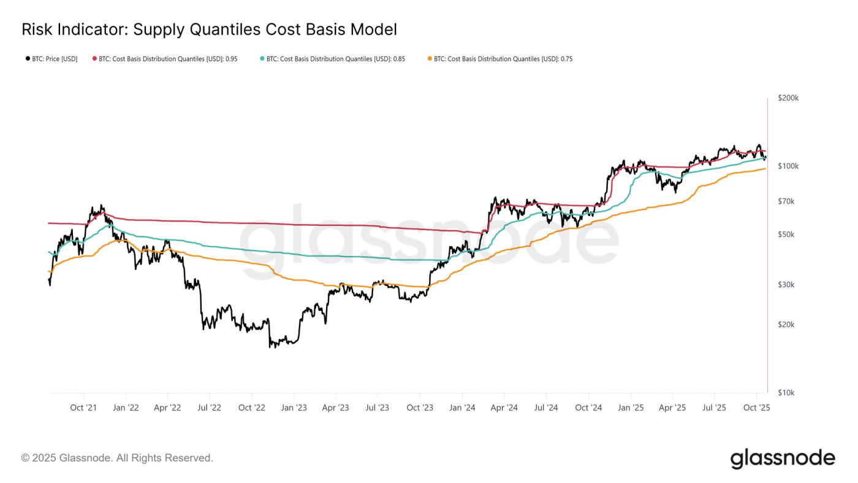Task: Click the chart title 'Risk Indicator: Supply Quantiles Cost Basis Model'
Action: [209, 29]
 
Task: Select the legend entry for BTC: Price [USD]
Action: [51, 59]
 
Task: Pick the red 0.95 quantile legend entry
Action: [165, 59]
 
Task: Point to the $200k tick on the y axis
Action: [788, 98]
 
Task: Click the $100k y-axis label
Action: [788, 166]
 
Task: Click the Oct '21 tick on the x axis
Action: [83, 408]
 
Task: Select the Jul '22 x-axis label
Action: [210, 408]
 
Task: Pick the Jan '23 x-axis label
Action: [294, 408]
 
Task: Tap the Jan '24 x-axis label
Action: [462, 408]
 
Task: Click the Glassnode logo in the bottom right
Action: [783, 458]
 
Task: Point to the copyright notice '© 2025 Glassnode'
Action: [117, 458]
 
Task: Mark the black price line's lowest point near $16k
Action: [271, 347]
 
